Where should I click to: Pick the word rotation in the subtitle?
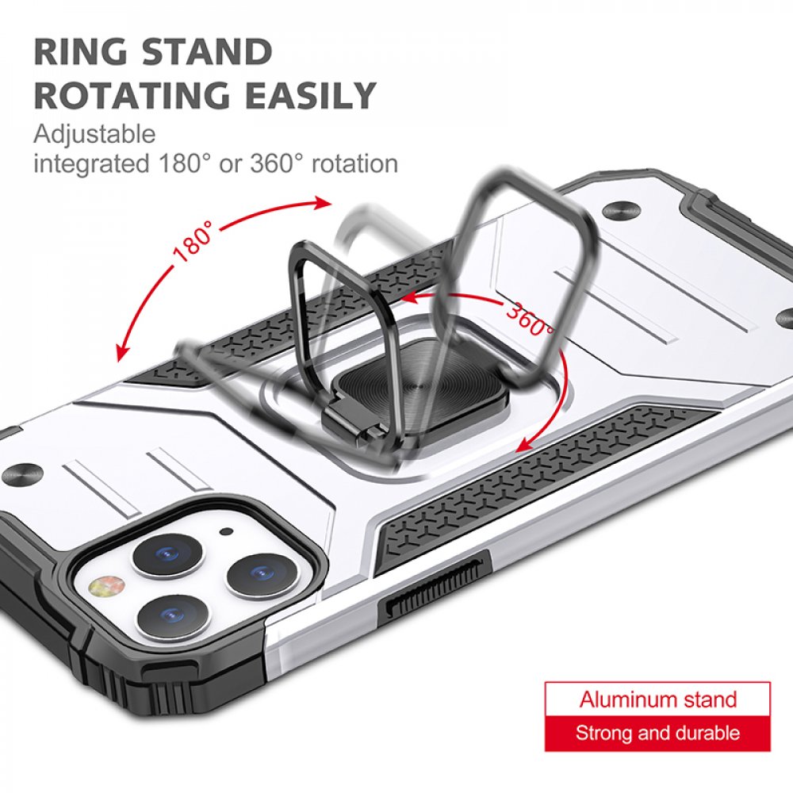(x=354, y=164)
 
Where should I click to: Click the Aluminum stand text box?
(x=657, y=699)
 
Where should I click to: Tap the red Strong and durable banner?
(x=657, y=734)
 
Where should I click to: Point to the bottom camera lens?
(x=171, y=617)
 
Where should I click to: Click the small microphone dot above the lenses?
(x=228, y=531)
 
